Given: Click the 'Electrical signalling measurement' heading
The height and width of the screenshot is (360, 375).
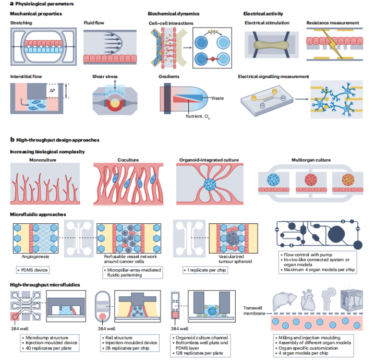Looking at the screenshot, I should (x=273, y=76).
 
